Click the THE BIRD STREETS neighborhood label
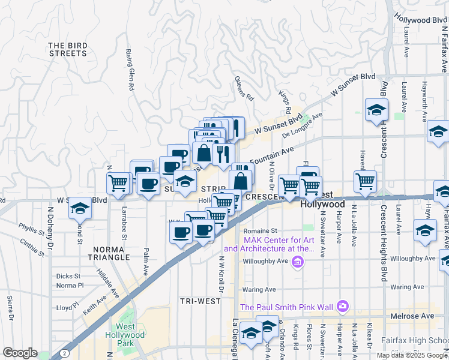pyautogui.click(x=68, y=49)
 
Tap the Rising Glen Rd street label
pyautogui.click(x=130, y=70)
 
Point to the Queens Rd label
pyautogui.click(x=245, y=89)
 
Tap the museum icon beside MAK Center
pyautogui.click(x=297, y=262)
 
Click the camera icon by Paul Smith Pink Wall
pyautogui.click(x=342, y=307)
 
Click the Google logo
pyautogui.click(x=20, y=353)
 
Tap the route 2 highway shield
pyautogui.click(x=63, y=354)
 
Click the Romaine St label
pyautogui.click(x=260, y=230)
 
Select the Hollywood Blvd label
pyautogui.click(x=420, y=20)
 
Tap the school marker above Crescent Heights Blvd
pyautogui.click(x=376, y=110)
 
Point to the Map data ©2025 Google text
pyautogui.click(x=411, y=355)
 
